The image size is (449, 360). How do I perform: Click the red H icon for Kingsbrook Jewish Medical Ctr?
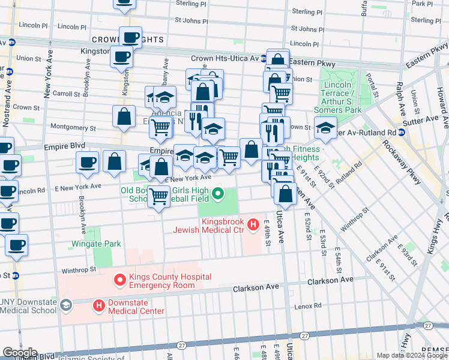click(x=253, y=225)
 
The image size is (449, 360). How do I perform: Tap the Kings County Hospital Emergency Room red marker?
click(x=120, y=280)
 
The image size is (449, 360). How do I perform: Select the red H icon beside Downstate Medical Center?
click(x=98, y=306)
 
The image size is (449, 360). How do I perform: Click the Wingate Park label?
click(x=96, y=244)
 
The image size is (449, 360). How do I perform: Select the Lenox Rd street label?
click(x=309, y=306)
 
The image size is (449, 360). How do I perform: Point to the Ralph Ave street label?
click(x=399, y=92)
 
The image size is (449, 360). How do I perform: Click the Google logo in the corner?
click(x=20, y=353)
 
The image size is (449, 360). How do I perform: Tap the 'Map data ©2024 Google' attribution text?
click(x=411, y=355)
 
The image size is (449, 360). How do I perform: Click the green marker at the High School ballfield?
click(x=218, y=194)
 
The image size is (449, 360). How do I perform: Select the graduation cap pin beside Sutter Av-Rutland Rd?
click(x=325, y=127)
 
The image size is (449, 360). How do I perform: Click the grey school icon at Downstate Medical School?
click(x=65, y=305)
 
